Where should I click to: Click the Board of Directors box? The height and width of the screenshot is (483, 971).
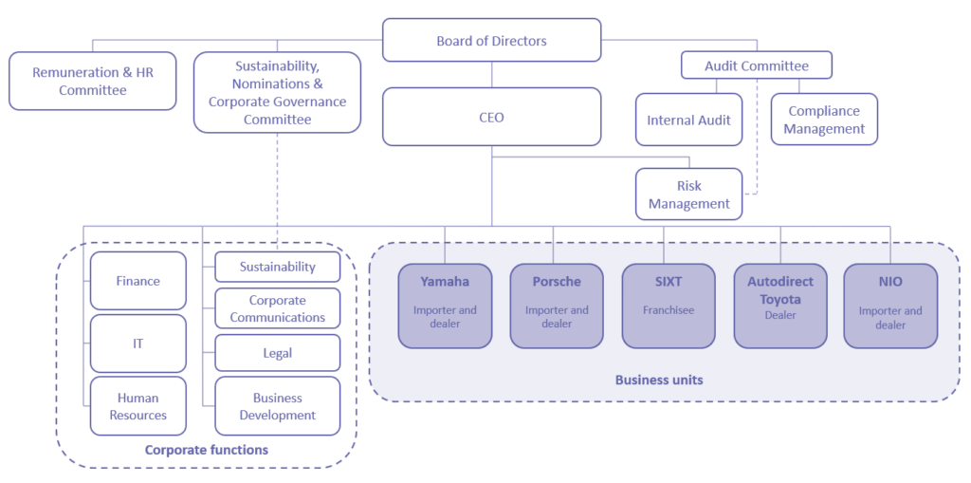[x=491, y=41]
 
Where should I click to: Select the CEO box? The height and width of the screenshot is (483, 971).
[x=491, y=118]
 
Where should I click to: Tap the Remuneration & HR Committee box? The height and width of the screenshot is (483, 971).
[x=92, y=82]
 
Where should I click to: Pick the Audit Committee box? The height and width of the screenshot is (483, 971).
[x=756, y=65]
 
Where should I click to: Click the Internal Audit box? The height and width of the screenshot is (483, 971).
[x=688, y=121]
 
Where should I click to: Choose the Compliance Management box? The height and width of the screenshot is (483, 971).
[x=824, y=120]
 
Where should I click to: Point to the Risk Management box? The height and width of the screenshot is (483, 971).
[x=689, y=195]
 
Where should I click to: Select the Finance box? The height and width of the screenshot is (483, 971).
[x=137, y=281]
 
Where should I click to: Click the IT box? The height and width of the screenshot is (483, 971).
[x=137, y=344]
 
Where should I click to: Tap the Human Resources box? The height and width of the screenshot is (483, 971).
[x=137, y=406]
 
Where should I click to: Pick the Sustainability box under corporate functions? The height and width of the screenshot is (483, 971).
[x=277, y=268]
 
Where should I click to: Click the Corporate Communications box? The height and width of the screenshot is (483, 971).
[x=277, y=309]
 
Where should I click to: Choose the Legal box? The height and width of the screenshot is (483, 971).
[x=277, y=353]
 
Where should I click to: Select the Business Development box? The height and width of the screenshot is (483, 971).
[x=277, y=406]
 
